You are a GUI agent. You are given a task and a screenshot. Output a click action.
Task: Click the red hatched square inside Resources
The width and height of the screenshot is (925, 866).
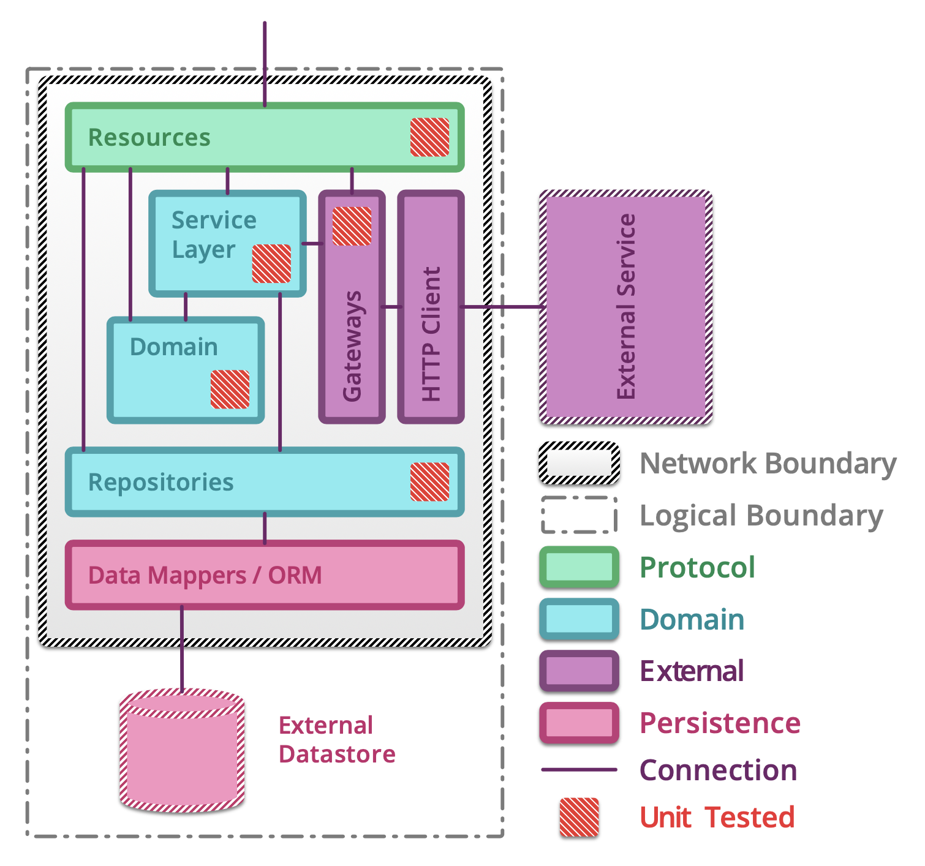pyautogui.click(x=429, y=137)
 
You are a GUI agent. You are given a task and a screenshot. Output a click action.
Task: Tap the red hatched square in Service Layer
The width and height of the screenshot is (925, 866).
pyautogui.click(x=271, y=263)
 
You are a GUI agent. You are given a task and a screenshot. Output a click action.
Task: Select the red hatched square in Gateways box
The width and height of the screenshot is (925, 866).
pyautogui.click(x=352, y=226)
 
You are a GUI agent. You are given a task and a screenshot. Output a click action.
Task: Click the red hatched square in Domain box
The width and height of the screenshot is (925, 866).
pyautogui.click(x=230, y=389)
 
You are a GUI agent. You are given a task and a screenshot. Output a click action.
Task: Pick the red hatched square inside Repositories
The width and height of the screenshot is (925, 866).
pyautogui.click(x=429, y=482)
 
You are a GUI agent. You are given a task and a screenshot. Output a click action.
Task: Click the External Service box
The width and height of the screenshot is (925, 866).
pyautogui.click(x=625, y=307)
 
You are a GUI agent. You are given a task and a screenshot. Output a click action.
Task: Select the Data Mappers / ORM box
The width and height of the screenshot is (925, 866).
pyautogui.click(x=265, y=575)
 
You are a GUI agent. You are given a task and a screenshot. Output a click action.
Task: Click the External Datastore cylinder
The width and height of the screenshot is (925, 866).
pyautogui.click(x=182, y=753)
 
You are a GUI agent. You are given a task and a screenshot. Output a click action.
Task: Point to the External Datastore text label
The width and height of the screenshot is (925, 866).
pyautogui.click(x=336, y=740)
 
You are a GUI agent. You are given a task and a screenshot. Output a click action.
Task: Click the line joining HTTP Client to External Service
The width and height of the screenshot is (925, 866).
pyautogui.click(x=502, y=306)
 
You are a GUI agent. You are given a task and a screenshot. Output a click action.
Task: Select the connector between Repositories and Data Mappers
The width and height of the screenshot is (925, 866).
pyautogui.click(x=265, y=528)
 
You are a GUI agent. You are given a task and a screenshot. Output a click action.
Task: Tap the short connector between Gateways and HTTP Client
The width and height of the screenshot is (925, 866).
pyautogui.click(x=391, y=306)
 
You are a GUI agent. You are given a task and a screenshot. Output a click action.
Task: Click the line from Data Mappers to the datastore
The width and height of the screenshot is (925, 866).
pyautogui.click(x=182, y=649)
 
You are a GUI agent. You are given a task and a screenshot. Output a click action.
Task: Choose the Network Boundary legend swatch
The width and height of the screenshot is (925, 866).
pyautogui.click(x=579, y=463)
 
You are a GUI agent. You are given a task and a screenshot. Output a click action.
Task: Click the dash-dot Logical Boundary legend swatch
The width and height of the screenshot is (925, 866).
pyautogui.click(x=579, y=515)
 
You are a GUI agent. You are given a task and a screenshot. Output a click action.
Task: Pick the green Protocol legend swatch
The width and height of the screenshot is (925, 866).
pyautogui.click(x=579, y=567)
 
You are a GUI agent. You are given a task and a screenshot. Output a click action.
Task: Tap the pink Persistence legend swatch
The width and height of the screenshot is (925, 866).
pyautogui.click(x=579, y=723)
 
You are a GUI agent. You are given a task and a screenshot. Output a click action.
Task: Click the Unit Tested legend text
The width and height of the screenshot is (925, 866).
pyautogui.click(x=717, y=818)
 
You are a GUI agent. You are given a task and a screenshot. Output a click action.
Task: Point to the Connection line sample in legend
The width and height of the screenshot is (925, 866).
pyautogui.click(x=579, y=770)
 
